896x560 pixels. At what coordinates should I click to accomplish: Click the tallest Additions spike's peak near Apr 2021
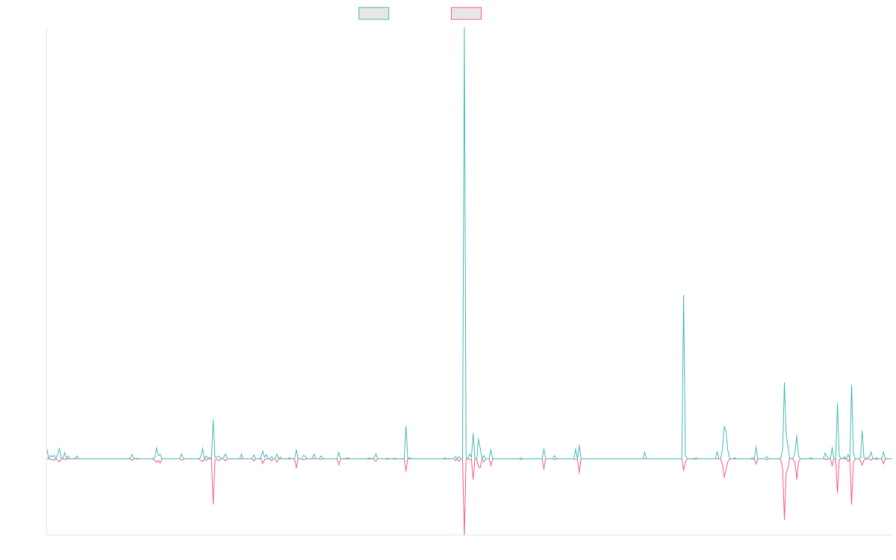464,28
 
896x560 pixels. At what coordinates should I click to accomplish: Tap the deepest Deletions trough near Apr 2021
464,533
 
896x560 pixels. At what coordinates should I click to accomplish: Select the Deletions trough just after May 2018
214,503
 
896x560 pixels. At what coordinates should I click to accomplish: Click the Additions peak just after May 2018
213,420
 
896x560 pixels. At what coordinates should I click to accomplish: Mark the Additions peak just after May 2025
851,385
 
